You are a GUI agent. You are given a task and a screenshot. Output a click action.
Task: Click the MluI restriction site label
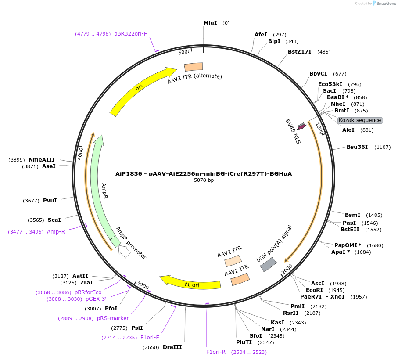[210, 23]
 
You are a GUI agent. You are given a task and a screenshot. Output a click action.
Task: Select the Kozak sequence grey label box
[360, 120]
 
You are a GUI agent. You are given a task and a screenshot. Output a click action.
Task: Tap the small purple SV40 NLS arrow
[301, 126]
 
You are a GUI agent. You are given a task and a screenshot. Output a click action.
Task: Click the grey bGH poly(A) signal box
[268, 264]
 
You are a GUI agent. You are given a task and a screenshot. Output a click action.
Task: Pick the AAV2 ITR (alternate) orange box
[194, 67]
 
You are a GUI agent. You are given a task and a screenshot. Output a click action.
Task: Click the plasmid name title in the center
[204, 173]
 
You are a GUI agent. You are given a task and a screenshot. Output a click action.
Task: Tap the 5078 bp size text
[204, 180]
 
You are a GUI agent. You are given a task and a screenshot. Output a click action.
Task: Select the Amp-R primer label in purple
[56, 231]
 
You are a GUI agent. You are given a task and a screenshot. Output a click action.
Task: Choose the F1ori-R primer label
[216, 352]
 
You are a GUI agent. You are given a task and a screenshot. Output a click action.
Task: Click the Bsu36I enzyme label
[357, 147]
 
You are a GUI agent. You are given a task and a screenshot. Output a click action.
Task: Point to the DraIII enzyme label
[172, 347]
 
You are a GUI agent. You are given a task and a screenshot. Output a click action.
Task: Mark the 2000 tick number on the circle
[287, 269]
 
